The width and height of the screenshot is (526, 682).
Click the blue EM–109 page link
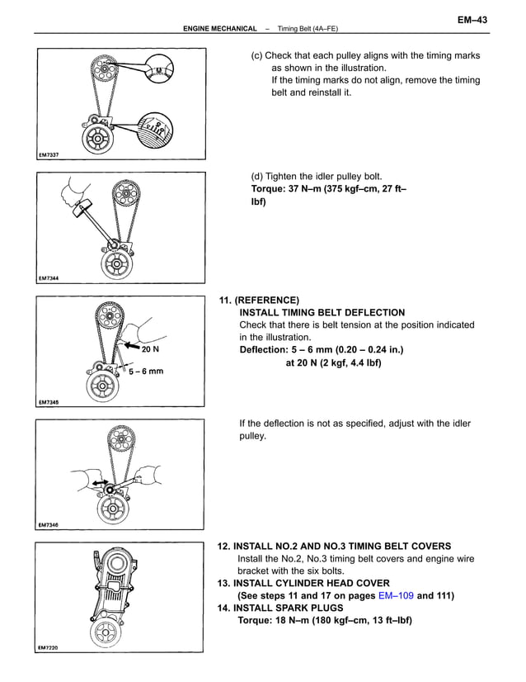pos(396,595)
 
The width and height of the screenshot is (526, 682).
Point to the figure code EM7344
pos(49,279)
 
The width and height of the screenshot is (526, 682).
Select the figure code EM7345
pos(49,402)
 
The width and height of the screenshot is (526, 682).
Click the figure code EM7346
pos(49,524)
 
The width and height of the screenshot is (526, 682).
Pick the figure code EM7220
pos(49,647)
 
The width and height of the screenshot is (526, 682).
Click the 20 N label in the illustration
pos(150,349)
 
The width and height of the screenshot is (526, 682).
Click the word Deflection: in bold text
pos(266,349)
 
